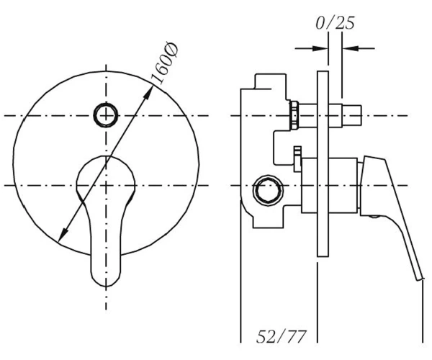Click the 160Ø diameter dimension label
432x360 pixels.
(165, 63)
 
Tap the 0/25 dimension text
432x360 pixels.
(335, 22)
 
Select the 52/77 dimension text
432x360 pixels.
(282, 336)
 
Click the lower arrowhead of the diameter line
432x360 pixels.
(63, 234)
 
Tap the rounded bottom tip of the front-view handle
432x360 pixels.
(106, 284)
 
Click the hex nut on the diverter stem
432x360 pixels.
(294, 115)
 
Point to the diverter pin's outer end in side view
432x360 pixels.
(361, 115)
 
